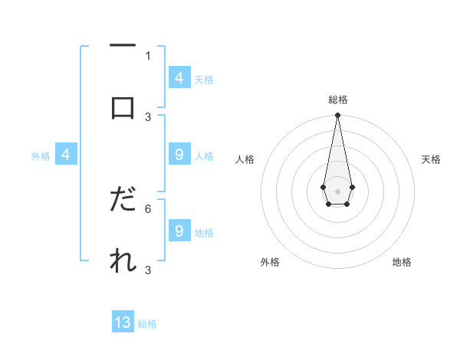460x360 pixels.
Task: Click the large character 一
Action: pyautogui.click(x=123, y=47)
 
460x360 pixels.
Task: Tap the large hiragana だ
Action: pyautogui.click(x=123, y=201)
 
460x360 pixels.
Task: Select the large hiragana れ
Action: pyautogui.click(x=123, y=261)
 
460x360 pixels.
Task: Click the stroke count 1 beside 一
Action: pyautogui.click(x=148, y=55)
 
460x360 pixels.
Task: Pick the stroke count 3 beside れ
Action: pyautogui.click(x=148, y=270)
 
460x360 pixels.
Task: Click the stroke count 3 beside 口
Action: pyautogui.click(x=148, y=116)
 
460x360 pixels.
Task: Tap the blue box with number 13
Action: pyautogui.click(x=123, y=322)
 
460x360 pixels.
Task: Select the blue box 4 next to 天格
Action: pyautogui.click(x=179, y=78)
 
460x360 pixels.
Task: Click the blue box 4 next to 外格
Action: pyautogui.click(x=66, y=155)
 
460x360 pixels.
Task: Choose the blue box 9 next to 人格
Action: pyautogui.click(x=179, y=155)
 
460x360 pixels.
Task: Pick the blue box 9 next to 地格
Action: pyautogui.click(x=179, y=231)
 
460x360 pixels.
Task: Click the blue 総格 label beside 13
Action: pyautogui.click(x=147, y=324)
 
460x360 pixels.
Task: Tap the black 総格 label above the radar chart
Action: pyautogui.click(x=338, y=100)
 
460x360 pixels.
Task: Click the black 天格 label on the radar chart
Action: pyautogui.click(x=432, y=159)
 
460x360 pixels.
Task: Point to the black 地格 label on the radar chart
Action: pyautogui.click(x=402, y=262)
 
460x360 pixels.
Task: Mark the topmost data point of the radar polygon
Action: pyautogui.click(x=337, y=116)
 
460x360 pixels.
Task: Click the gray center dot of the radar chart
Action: pyautogui.click(x=337, y=190)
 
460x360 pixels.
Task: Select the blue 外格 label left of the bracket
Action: pyautogui.click(x=41, y=156)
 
